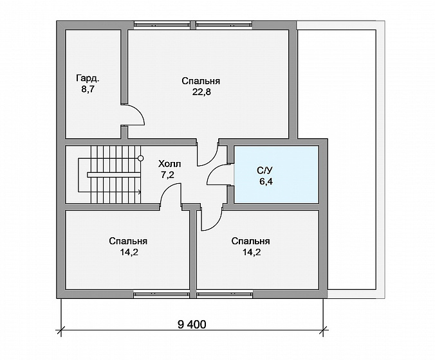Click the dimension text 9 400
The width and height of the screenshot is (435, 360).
[x=192, y=324]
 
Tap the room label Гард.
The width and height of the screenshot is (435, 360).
[x=88, y=78]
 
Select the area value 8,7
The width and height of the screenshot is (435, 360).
[x=88, y=91]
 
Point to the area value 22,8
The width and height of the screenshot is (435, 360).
[x=201, y=92]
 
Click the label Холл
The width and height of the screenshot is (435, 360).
[x=169, y=164]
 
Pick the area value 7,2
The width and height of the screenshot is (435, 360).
[x=167, y=175]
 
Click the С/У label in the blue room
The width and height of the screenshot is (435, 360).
[x=264, y=170]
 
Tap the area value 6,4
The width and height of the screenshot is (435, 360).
[x=266, y=182]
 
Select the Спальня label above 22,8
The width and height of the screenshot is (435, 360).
[x=201, y=81]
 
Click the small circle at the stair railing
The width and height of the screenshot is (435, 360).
[x=141, y=158]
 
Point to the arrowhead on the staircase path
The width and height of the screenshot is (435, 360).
[x=139, y=191]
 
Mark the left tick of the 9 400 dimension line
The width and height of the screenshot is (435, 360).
[x=60, y=330]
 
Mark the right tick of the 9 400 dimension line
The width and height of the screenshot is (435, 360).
[x=323, y=330]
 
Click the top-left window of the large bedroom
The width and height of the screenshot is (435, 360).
[x=162, y=24]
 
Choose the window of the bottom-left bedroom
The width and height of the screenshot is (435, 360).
[x=162, y=294]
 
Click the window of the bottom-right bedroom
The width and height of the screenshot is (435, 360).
[x=225, y=294]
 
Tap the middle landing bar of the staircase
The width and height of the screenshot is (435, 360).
[x=113, y=175]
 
